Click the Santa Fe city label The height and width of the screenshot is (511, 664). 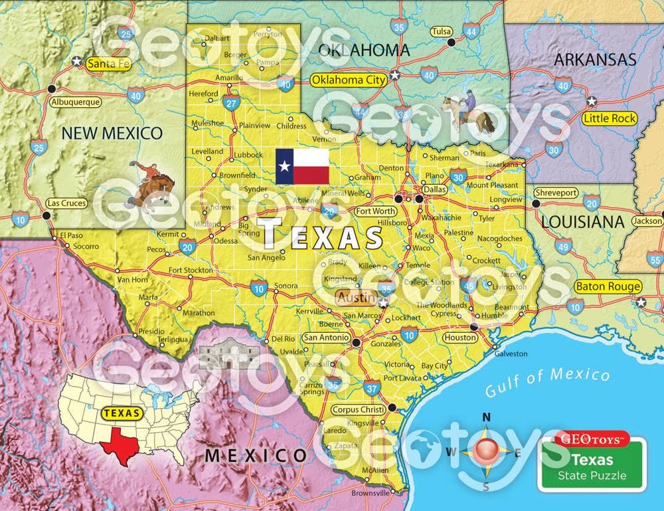pos(108,64)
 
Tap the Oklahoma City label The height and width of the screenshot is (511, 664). pos(349,80)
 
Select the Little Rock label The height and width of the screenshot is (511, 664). pos(609,119)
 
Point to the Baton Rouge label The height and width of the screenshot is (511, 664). pos(608,286)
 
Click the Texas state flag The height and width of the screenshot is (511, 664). pos(302,166)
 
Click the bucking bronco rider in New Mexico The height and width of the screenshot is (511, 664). pos(151,183)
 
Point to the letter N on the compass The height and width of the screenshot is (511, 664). pos(486,417)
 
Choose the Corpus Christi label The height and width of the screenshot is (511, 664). pos(358,409)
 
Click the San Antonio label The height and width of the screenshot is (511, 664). pos(325,338)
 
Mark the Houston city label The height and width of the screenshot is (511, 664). pos(459,338)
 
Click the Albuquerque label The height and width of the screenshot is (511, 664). pos(75,102)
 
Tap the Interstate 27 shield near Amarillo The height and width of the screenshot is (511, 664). pos(231,102)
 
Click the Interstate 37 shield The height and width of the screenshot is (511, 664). pos(372,387)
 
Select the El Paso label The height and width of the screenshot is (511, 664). pos(71,235)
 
